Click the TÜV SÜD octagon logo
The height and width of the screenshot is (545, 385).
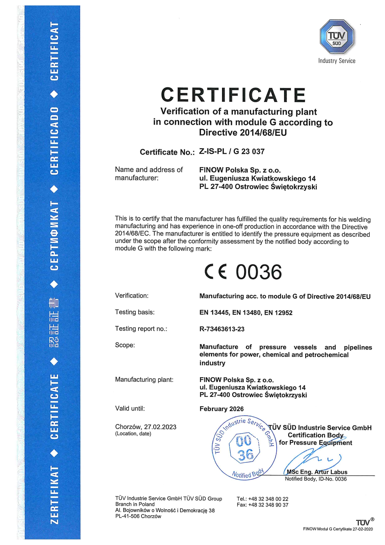tap(337, 37)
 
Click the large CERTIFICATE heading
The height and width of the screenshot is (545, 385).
tap(233, 95)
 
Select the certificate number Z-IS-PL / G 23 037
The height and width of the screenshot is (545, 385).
tap(232, 152)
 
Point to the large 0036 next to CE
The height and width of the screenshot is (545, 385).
tap(259, 272)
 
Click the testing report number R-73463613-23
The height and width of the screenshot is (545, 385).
tap(222, 329)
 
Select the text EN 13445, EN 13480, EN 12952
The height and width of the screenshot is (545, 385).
tap(246, 313)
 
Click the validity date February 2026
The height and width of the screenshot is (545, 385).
tap(221, 409)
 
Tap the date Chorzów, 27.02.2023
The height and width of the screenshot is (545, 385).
tap(146, 427)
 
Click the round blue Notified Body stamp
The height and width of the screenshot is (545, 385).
tap(244, 448)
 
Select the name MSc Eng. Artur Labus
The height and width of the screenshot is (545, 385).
tap(317, 472)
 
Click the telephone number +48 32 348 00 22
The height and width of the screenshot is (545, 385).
tap(268, 499)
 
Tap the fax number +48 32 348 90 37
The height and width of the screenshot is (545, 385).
tap(268, 505)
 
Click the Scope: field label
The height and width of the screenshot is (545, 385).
tap(125, 345)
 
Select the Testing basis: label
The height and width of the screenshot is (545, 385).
tap(134, 312)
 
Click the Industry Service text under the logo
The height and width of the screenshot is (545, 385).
tap(337, 61)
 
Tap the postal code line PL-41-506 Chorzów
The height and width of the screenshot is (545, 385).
tap(138, 516)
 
